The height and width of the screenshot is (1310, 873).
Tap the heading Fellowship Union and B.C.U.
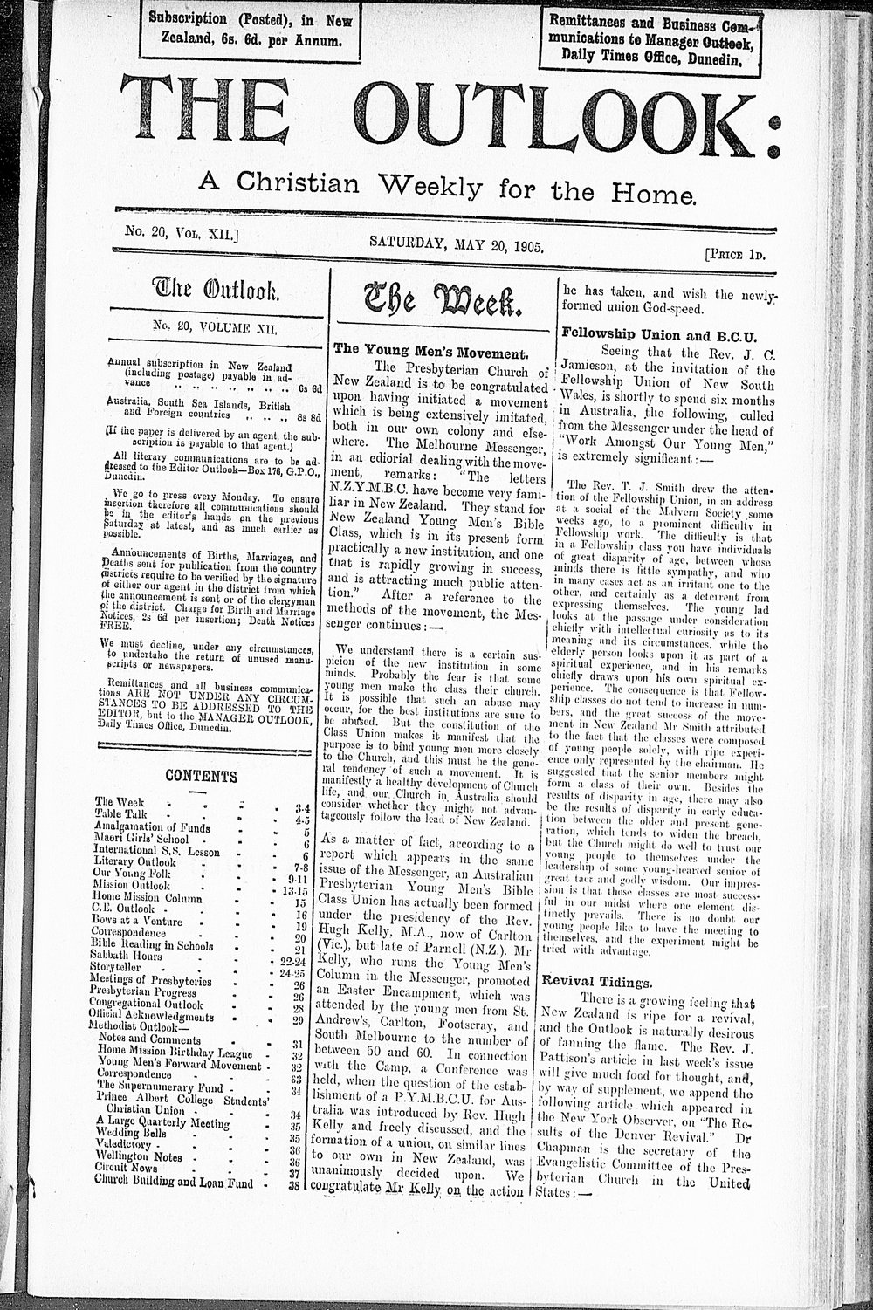pyautogui.click(x=659, y=334)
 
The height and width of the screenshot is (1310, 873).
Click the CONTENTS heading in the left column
pyautogui.click(x=201, y=775)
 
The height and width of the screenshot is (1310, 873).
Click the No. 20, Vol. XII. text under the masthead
pyautogui.click(x=176, y=236)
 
